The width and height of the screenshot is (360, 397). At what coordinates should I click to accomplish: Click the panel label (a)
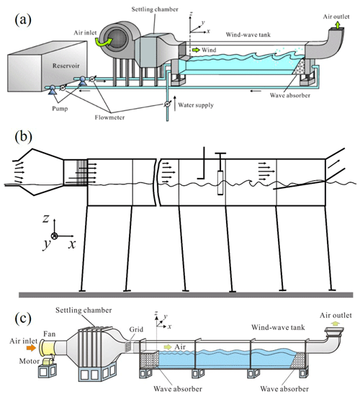coord(23,19)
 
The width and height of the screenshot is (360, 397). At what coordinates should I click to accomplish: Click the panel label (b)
coord(23,137)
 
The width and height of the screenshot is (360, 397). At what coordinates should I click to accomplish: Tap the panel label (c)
coord(23,318)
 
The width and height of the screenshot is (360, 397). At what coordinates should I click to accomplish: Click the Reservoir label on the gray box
coord(66,66)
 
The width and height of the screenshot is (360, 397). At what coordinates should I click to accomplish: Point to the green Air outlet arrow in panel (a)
coord(338,24)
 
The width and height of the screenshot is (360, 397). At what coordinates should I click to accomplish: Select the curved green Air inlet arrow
coord(104,42)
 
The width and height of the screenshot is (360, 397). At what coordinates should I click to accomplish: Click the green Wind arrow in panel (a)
coord(196,50)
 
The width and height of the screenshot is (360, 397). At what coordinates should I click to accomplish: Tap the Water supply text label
coord(196,105)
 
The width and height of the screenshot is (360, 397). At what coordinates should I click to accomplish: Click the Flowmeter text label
coord(109,117)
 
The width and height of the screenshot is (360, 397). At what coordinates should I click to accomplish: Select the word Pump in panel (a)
coord(60,109)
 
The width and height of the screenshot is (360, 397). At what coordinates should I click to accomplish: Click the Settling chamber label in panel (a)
coord(155,9)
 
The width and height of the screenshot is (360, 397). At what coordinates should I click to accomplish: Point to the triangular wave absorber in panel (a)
coord(300,66)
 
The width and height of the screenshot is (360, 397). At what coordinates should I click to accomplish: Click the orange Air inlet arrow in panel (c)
coord(32,348)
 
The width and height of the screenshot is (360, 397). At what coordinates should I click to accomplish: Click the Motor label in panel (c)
coord(30,361)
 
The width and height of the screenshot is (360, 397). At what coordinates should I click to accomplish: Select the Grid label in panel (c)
coord(136,329)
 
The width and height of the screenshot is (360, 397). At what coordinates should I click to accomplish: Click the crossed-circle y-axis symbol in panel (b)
coord(55,236)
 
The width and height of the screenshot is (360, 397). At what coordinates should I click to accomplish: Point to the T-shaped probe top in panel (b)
coord(220,153)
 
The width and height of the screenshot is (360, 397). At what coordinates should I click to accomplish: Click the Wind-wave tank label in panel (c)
coord(278,327)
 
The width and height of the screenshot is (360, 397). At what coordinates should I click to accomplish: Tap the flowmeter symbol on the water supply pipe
coord(167,104)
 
